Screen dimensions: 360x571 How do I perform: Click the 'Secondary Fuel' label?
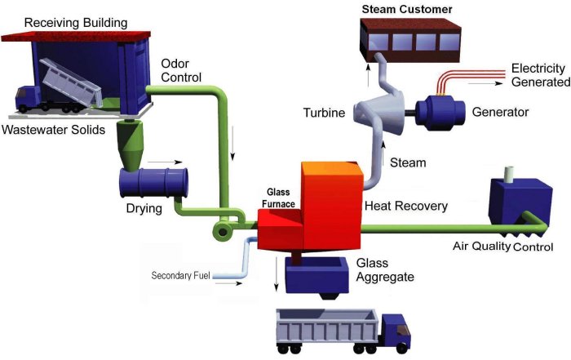pyautogui.click(x=181, y=275)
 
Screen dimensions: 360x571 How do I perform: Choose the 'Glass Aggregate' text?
pyautogui.click(x=385, y=270)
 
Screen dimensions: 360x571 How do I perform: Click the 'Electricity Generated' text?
pyautogui.click(x=539, y=74)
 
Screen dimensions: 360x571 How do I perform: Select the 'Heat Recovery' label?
pyautogui.click(x=405, y=206)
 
